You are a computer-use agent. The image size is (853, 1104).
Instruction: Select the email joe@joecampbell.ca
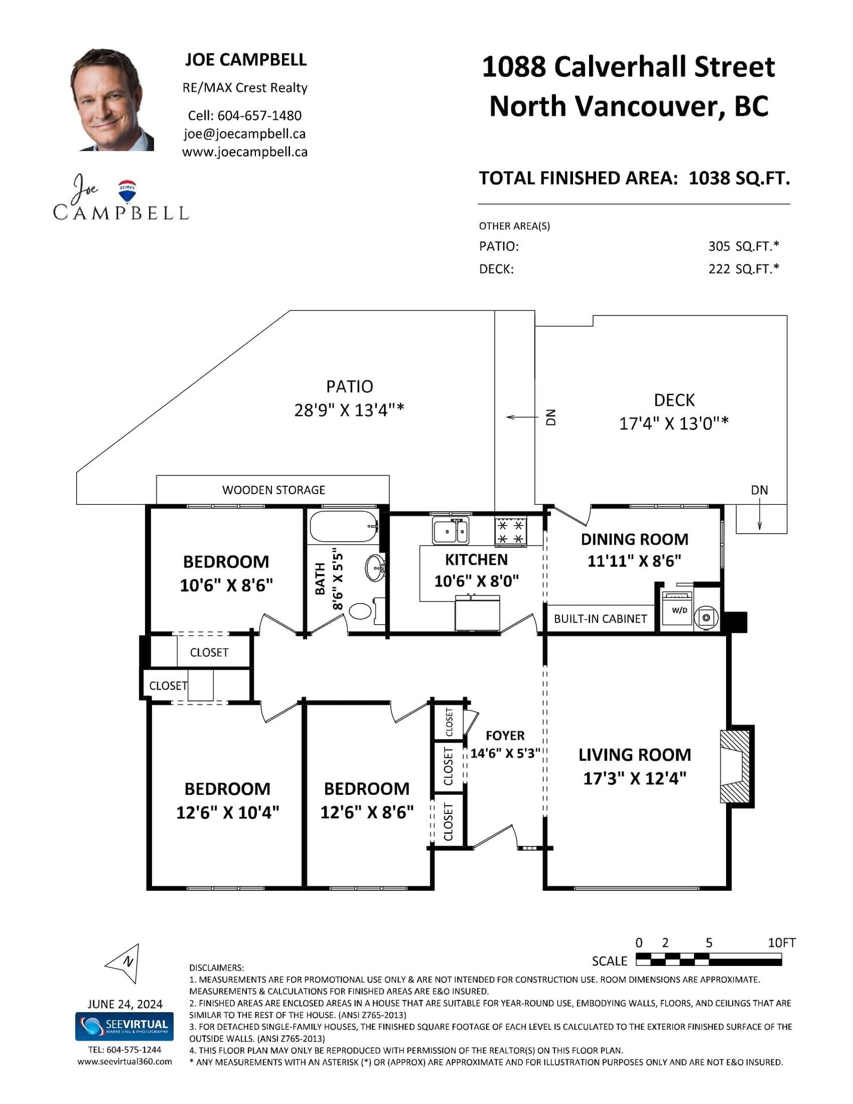[x=245, y=134]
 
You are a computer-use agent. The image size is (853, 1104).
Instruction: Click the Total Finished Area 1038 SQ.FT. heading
[x=634, y=178]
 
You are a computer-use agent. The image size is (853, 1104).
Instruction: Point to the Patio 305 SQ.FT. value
[x=743, y=246]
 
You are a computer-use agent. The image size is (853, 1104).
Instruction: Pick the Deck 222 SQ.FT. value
[x=743, y=269]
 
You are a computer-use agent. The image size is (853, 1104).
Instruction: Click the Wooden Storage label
[x=273, y=490]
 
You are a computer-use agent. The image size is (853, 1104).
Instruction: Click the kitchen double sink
[x=450, y=530]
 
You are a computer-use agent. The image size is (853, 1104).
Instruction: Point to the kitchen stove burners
[x=511, y=531]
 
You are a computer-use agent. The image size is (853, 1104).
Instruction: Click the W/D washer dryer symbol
[x=677, y=608]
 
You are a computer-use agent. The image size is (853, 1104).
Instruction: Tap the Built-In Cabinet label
[x=600, y=619]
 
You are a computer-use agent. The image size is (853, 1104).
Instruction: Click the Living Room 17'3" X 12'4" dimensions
[x=634, y=778]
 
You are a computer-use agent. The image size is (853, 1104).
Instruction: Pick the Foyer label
[x=505, y=736]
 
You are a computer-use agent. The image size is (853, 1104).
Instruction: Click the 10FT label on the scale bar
[x=781, y=942]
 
